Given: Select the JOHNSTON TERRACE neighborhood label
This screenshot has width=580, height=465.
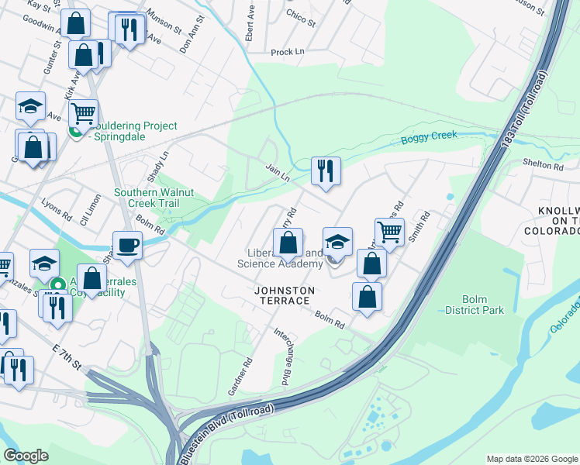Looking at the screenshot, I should tap(285, 291).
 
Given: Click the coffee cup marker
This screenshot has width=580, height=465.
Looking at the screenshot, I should tap(128, 246).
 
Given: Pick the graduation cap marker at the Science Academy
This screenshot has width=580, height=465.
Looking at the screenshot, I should tap(337, 242).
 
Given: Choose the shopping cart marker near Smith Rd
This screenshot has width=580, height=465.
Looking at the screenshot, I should tap(389, 231).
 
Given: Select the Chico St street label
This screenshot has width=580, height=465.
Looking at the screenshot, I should tap(301, 18).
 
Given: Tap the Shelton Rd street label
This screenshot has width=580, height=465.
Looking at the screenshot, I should tap(542, 165).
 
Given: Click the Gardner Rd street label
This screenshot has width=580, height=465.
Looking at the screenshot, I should tap(241, 376).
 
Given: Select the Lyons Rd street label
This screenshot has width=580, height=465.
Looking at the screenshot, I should tap(55, 211).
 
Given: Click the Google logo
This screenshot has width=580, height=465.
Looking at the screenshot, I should tap(26, 456).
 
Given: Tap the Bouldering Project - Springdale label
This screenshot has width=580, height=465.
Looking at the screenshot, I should tap(132, 132).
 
